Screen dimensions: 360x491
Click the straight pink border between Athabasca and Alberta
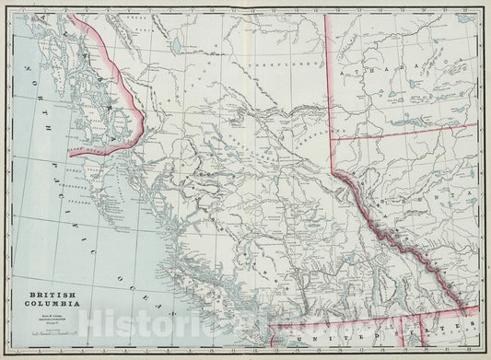[405, 131]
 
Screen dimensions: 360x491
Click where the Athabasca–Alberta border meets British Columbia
[333, 141]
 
